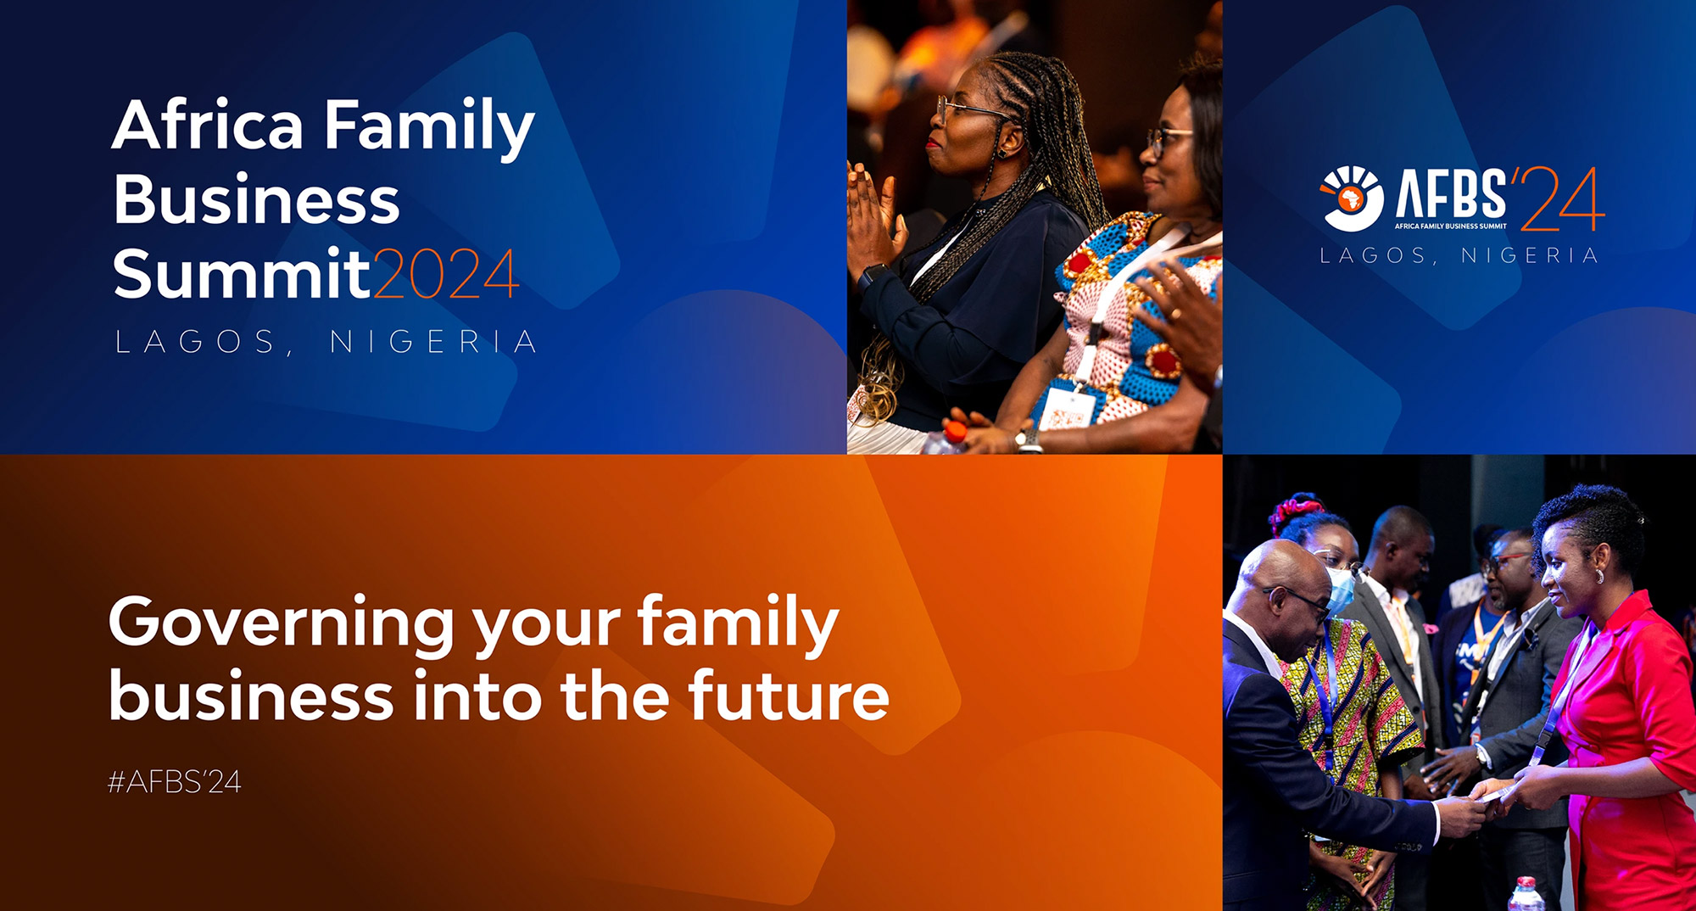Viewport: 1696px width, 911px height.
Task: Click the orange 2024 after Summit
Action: [x=446, y=274]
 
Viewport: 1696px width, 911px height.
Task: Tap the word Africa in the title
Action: [x=208, y=124]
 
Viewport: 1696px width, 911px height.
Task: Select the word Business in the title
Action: [x=256, y=199]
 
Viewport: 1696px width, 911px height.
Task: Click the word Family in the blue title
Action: [x=429, y=127]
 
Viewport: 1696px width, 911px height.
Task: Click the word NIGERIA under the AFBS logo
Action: [x=1530, y=255]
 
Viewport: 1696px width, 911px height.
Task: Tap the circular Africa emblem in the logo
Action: [x=1351, y=198]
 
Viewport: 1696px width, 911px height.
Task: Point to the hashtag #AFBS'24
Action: [x=175, y=781]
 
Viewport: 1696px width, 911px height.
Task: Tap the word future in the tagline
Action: [x=789, y=695]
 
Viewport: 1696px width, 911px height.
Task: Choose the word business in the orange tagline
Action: [x=252, y=695]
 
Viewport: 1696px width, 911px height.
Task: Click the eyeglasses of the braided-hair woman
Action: [x=972, y=109]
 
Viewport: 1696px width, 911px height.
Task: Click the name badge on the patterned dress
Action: [x=1066, y=409]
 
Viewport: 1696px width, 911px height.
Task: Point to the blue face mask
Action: [x=1339, y=591]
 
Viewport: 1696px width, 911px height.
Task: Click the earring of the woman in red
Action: [x=1600, y=576]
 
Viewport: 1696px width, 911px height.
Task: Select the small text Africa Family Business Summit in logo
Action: [x=1451, y=226]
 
